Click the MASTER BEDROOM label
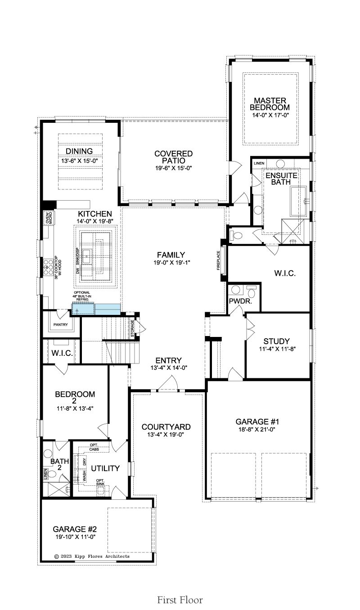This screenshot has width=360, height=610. point(270,104)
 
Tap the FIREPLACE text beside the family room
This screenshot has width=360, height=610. point(218,260)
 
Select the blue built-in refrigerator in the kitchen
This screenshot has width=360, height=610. point(96,309)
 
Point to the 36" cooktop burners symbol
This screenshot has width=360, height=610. point(49,267)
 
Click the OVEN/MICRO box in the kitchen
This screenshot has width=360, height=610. point(49,218)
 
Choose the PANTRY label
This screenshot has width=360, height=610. point(60,324)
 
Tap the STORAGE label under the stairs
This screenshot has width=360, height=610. point(132,328)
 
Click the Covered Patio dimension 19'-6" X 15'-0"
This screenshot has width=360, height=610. point(174,168)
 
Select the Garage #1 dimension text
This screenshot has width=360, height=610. point(257,430)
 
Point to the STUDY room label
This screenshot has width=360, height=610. point(276,341)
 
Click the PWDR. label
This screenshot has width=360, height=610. point(240,301)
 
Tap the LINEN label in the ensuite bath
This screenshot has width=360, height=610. point(259,163)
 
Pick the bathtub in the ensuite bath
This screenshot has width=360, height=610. point(298,201)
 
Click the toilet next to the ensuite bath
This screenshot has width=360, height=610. point(236,235)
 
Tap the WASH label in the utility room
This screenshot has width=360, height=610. point(85,476)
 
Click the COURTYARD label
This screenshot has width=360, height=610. point(166,427)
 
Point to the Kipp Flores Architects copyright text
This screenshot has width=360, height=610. point(92,556)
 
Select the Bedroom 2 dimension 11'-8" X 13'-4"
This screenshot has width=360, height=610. point(75,408)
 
